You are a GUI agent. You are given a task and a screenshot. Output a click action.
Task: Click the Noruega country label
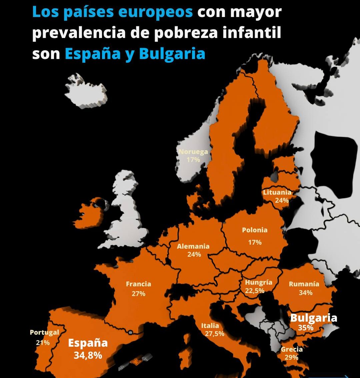pyautogui.click(x=193, y=152)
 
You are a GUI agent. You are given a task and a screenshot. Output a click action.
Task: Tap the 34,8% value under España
pyautogui.click(x=88, y=355)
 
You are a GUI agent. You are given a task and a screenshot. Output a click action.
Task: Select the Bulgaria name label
pyautogui.click(x=314, y=318)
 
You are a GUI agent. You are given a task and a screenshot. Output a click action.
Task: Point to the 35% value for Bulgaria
pyautogui.click(x=305, y=328)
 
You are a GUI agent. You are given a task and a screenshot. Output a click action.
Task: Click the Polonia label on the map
pyautogui.click(x=255, y=230)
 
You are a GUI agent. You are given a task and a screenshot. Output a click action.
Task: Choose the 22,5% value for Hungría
pyautogui.click(x=255, y=291)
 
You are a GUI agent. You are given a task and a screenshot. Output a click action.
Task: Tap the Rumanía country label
pyautogui.click(x=304, y=284)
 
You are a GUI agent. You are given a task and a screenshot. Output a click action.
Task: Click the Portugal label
pyautogui.click(x=44, y=332)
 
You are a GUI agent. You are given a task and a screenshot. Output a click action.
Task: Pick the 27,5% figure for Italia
pyautogui.click(x=214, y=334)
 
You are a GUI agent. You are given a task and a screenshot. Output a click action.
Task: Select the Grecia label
pyautogui.click(x=292, y=349)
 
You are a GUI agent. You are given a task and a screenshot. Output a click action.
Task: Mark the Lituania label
pyautogui.click(x=277, y=192)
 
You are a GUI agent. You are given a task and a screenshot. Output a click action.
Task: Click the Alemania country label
pyautogui.click(x=193, y=246)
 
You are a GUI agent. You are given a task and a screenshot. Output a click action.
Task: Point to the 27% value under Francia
pyautogui.click(x=138, y=294)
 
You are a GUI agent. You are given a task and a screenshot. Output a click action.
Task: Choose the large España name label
pyautogui.click(x=88, y=343)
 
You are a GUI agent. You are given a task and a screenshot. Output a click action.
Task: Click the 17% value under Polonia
pyautogui.click(x=255, y=242)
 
